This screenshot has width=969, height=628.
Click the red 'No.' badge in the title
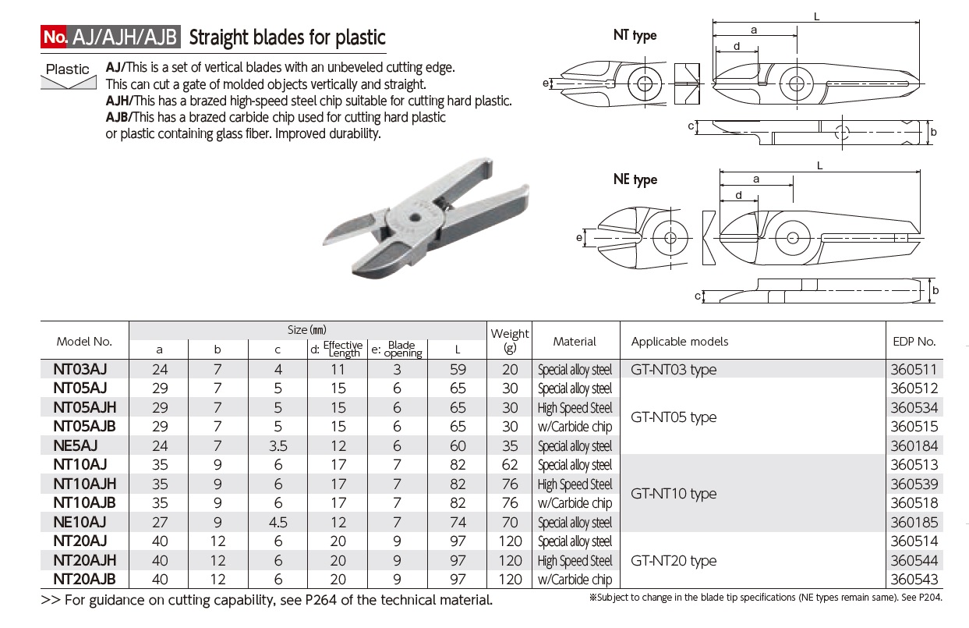(x=55, y=37)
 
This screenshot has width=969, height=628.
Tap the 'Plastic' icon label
(x=68, y=69)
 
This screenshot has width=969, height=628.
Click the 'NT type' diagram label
(x=635, y=35)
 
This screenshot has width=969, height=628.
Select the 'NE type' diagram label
(x=635, y=179)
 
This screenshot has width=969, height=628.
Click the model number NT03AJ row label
(x=80, y=370)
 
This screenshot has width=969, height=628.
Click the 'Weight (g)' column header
(x=510, y=340)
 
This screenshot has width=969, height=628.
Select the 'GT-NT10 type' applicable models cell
(x=673, y=494)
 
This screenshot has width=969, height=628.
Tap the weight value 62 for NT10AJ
(x=510, y=466)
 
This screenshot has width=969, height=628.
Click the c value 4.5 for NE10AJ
(x=278, y=523)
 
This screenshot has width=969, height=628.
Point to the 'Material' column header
(x=575, y=341)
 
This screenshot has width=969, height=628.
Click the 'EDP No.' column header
(x=914, y=341)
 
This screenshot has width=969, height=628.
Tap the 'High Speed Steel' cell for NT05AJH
(x=575, y=408)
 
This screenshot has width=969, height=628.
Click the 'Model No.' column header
(x=84, y=341)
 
